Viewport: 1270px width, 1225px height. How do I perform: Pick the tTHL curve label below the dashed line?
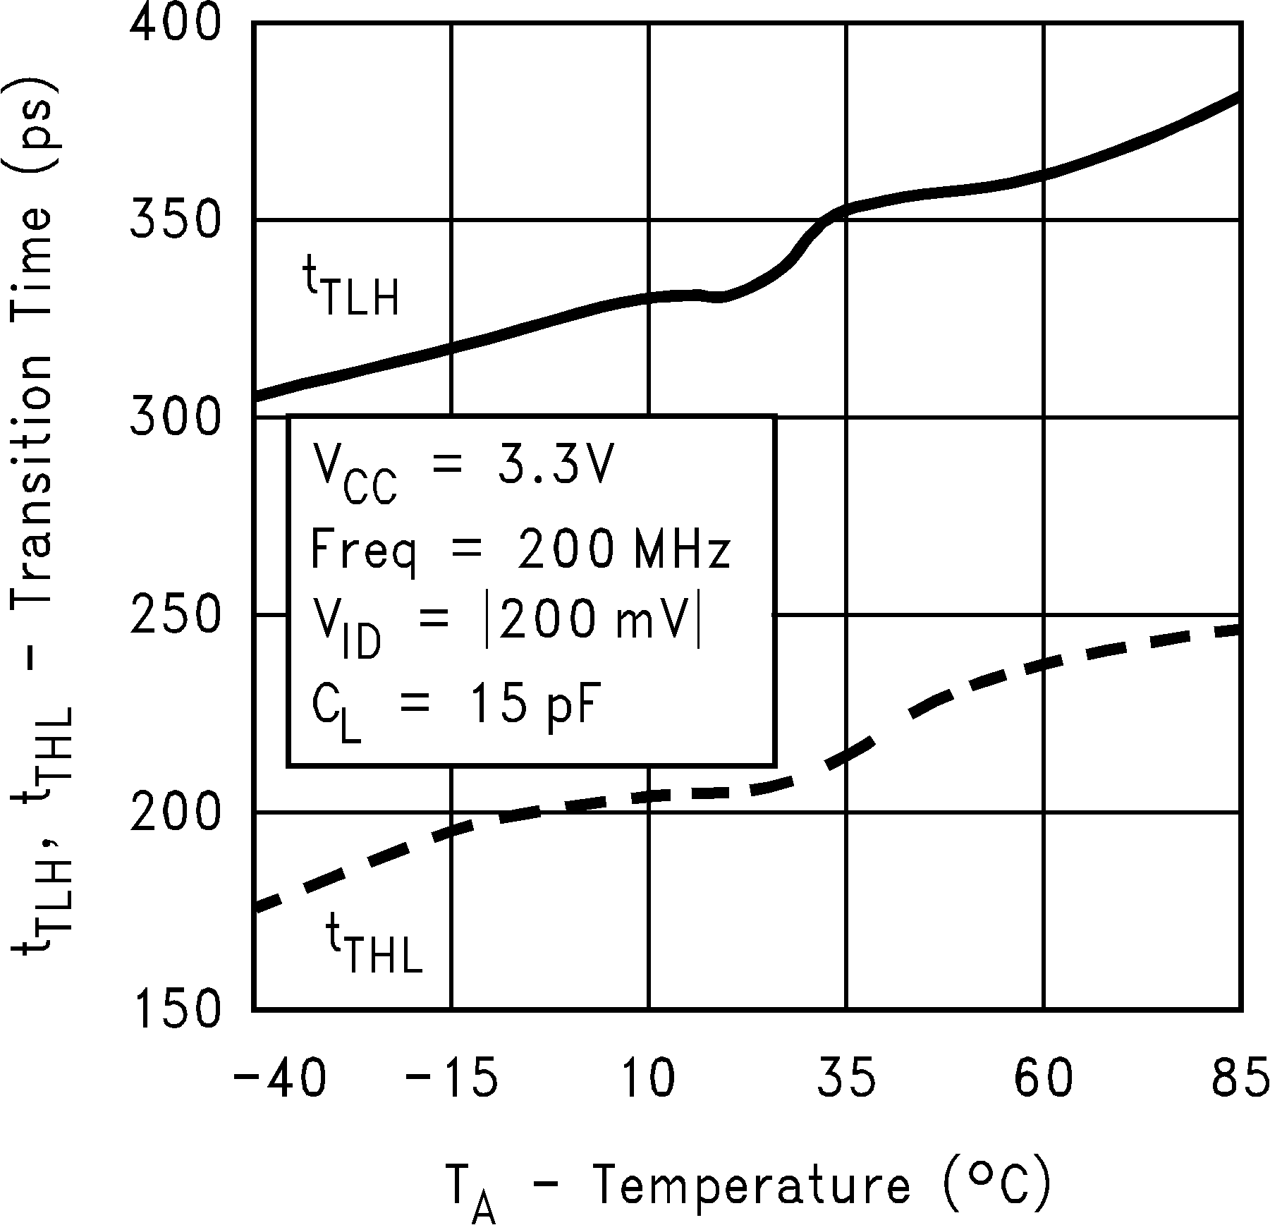374,942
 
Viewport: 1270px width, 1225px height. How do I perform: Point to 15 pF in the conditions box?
532,707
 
